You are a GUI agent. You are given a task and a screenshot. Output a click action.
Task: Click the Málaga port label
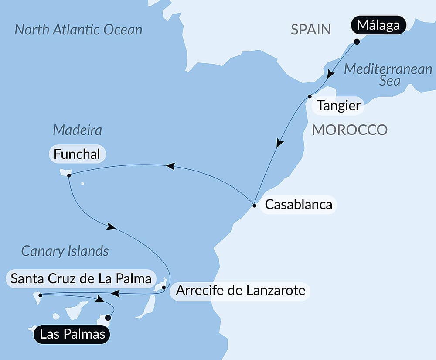[x=378, y=26]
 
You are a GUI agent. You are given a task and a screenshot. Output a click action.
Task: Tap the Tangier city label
[x=339, y=106]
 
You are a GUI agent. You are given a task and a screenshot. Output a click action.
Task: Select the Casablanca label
[x=298, y=204]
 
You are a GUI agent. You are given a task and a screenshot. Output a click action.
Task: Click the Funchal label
[x=77, y=154]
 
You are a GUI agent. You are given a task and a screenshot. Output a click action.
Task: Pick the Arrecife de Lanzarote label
[x=240, y=290]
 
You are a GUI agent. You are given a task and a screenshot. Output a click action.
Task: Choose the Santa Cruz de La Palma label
[x=81, y=278]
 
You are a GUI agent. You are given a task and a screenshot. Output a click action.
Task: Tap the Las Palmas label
[x=72, y=335]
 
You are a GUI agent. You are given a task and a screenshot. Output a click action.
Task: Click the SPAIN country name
[x=311, y=30]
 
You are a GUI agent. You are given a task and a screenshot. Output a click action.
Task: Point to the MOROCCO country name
[x=350, y=130]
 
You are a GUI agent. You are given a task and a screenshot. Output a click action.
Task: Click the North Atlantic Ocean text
[x=78, y=30]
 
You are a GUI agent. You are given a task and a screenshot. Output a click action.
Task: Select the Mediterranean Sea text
[x=388, y=75]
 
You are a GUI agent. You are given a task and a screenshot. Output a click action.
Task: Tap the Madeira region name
[x=77, y=130]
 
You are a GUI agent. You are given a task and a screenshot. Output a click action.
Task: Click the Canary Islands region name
[x=65, y=251]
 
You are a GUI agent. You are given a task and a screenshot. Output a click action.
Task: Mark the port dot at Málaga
[x=357, y=42]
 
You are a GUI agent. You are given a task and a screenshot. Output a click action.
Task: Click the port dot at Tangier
[x=310, y=96]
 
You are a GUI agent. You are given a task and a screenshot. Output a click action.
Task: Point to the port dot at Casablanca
[x=254, y=204]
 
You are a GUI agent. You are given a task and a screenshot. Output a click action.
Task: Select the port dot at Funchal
[x=69, y=175]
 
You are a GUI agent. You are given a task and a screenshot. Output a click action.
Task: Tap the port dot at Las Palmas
[x=108, y=318]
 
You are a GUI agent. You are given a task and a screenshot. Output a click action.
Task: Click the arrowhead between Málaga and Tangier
[x=331, y=75]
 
